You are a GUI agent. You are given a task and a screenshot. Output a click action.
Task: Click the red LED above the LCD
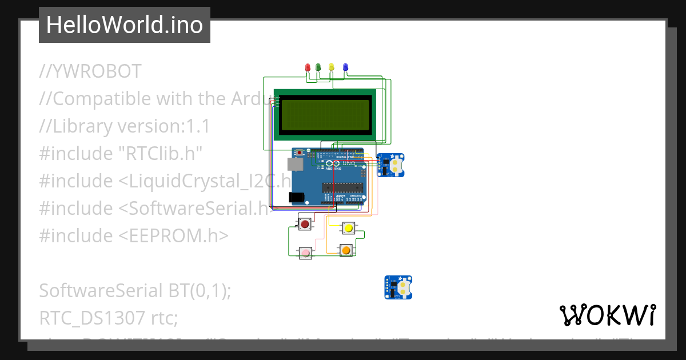click(308, 67)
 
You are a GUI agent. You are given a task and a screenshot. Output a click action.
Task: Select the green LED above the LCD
click(318, 67)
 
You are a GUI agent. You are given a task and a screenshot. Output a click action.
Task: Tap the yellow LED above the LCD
click(332, 67)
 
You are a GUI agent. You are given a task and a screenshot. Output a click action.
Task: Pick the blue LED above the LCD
click(345, 67)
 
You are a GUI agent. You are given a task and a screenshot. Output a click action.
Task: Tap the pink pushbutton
click(306, 252)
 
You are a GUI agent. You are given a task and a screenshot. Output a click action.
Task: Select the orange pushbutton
click(345, 250)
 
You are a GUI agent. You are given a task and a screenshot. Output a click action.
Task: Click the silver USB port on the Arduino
click(296, 165)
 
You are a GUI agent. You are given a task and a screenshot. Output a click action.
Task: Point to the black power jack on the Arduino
click(296, 197)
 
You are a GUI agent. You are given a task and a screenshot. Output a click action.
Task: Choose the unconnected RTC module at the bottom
click(398, 287)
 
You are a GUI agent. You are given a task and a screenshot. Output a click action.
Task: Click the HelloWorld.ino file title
click(125, 25)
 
